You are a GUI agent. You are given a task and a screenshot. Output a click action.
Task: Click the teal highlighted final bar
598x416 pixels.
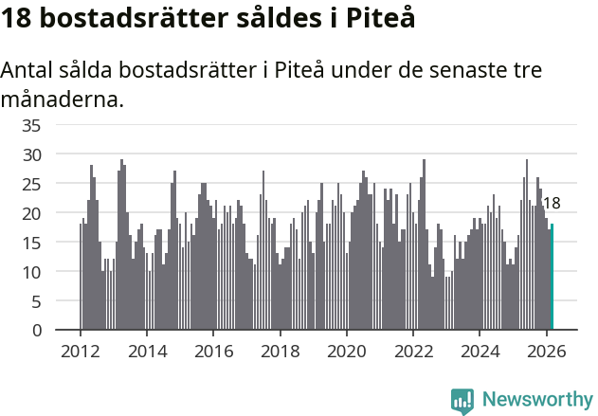tap(553, 277)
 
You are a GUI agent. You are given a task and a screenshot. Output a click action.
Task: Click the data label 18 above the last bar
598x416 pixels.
tap(551, 203)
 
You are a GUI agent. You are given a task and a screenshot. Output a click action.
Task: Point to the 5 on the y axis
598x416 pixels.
tap(36, 301)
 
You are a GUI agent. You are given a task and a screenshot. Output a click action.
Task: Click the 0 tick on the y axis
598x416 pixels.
tap(36, 331)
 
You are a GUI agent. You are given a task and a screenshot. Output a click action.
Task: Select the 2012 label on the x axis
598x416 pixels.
tap(80, 351)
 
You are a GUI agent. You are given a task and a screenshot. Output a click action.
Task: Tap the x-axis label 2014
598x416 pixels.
tap(146, 351)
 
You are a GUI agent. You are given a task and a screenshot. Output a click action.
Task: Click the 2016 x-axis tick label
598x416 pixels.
tap(213, 351)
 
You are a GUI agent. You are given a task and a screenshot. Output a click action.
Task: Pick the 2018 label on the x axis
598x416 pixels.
tap(280, 351)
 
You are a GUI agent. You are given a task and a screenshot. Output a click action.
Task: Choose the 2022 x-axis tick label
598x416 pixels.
tap(413, 351)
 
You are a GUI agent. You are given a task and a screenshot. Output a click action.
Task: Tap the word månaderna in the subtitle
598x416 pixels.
tap(63, 99)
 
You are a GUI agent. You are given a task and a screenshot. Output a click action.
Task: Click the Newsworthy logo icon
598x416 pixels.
tap(462, 401)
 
